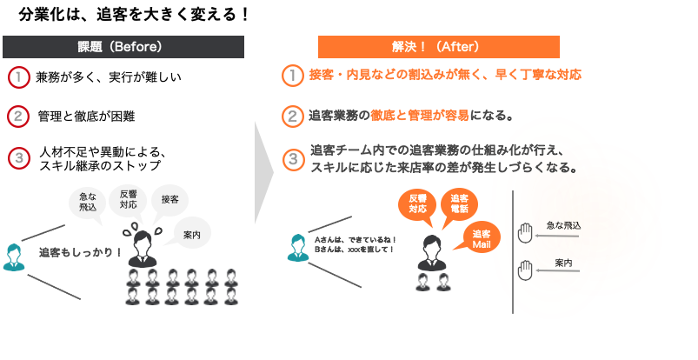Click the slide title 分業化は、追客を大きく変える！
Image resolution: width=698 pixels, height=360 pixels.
[x=134, y=15]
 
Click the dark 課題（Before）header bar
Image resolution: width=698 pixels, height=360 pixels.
[x=123, y=47]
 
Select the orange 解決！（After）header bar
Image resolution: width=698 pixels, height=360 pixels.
[x=438, y=47]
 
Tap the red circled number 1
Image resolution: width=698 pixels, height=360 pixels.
[x=19, y=77]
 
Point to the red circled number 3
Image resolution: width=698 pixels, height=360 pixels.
[x=19, y=158]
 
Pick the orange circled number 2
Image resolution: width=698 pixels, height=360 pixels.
[x=292, y=117]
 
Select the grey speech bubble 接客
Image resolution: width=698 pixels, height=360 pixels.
[x=170, y=201]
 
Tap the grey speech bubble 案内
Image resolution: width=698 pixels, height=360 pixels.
[x=190, y=233]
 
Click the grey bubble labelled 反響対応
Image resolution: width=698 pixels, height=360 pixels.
[x=128, y=202]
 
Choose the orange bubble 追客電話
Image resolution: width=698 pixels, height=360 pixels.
[x=459, y=205]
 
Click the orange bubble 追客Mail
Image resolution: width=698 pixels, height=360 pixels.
[x=482, y=239]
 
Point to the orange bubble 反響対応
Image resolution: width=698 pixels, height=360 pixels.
[x=417, y=205]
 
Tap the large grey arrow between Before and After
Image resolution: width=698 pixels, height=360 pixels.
[x=264, y=172]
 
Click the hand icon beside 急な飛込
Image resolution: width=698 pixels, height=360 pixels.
[x=525, y=233]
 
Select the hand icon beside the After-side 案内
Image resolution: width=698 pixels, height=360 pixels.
[x=525, y=270]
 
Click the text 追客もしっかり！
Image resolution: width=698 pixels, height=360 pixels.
[x=81, y=253]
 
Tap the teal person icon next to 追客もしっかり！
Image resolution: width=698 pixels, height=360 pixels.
[x=13, y=257]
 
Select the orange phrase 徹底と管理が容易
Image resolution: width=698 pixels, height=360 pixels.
[x=419, y=116]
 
